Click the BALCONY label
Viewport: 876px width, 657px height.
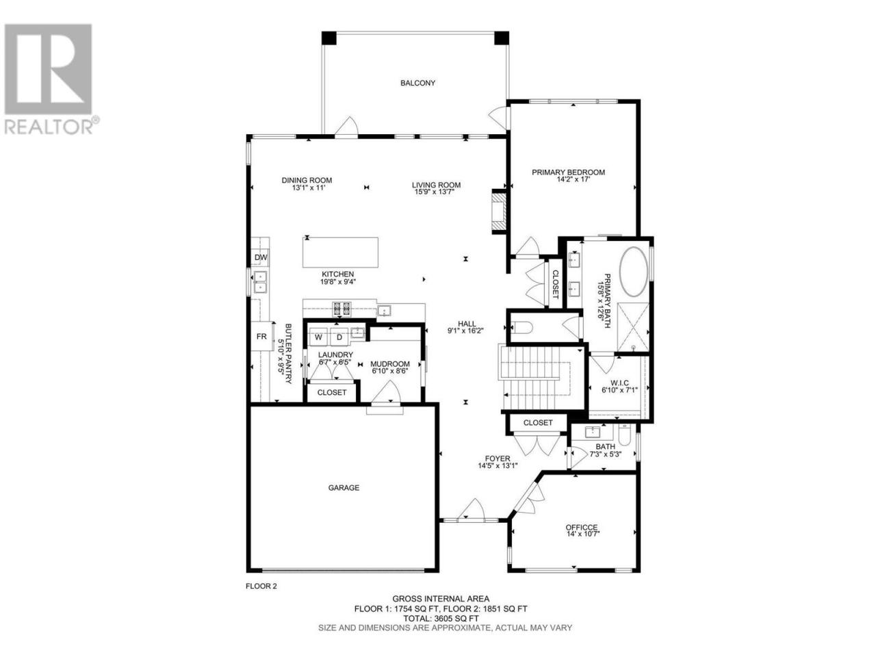point(417,83)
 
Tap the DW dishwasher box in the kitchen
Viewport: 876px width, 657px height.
point(261,258)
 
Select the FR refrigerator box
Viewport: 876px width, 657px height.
point(261,336)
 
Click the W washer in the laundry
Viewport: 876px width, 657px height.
point(318,337)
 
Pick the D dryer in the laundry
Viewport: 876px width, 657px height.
point(339,337)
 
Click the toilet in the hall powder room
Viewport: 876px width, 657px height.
point(522,328)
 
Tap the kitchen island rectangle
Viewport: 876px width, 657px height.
point(340,252)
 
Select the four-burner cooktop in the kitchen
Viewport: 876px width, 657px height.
point(342,308)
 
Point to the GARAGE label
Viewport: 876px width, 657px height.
point(344,487)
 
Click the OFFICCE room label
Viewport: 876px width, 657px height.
point(581,528)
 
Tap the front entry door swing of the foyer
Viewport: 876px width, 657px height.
point(472,509)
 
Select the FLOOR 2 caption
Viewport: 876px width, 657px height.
point(261,587)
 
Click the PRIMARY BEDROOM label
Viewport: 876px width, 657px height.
point(568,172)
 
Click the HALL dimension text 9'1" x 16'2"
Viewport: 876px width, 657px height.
point(466,331)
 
